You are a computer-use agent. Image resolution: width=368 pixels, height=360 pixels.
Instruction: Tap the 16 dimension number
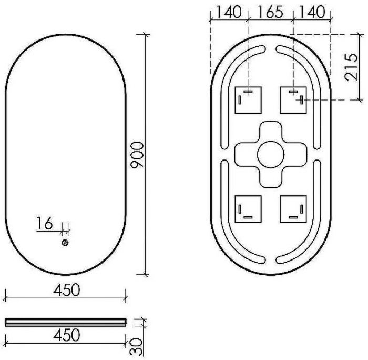coord(45,224)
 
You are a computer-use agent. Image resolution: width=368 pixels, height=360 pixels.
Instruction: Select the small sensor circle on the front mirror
coord(65,243)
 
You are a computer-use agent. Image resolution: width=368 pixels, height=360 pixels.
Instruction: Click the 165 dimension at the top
coord(271,12)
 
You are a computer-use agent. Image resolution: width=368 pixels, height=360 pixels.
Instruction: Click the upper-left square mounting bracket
coord(248,99)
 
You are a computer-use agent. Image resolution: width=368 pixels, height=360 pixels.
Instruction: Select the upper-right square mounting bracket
coord(293,99)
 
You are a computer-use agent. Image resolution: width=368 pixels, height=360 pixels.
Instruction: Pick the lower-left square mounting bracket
coord(248,209)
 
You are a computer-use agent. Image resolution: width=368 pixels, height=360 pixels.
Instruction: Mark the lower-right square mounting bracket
coord(293,209)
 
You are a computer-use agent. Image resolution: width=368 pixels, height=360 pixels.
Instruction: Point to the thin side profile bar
coord(65,322)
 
